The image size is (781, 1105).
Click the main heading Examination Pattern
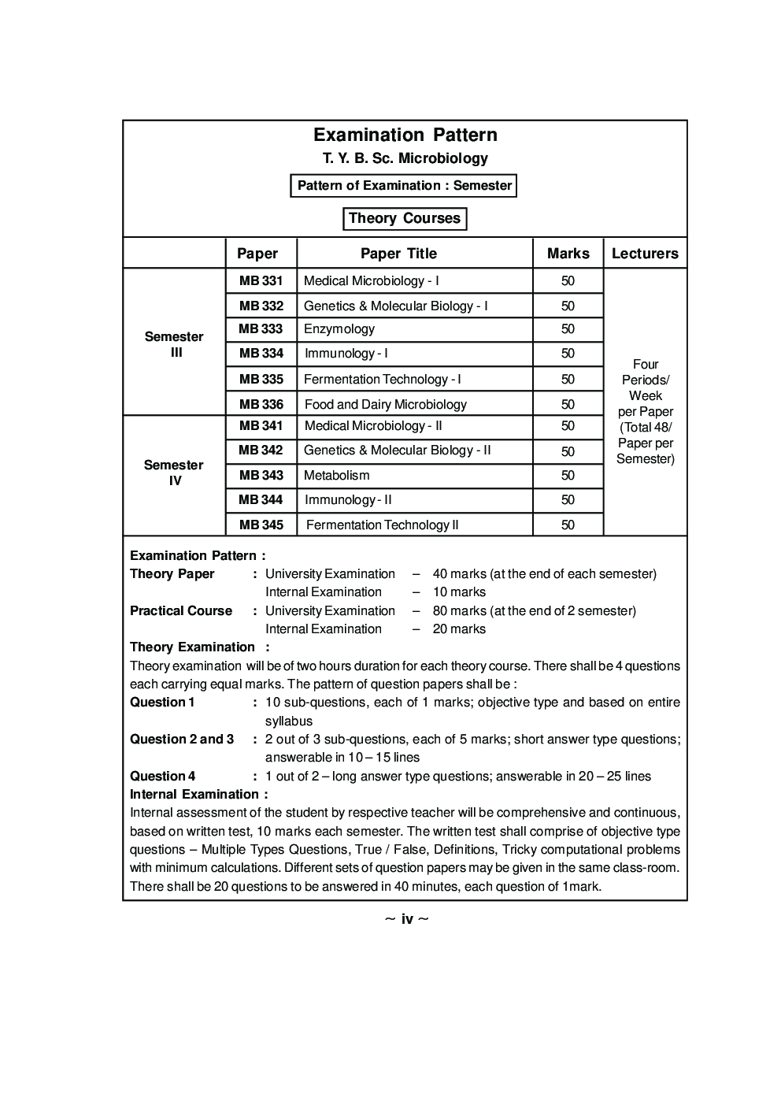tap(405, 135)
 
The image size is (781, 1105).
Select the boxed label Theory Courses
tap(405, 218)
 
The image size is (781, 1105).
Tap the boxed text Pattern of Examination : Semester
tap(404, 186)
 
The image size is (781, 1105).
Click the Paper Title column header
tap(398, 254)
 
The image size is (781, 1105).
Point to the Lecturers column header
tap(645, 254)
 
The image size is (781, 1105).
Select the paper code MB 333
tap(261, 329)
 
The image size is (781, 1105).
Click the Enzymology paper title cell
tap(339, 329)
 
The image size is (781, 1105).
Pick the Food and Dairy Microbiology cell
tap(385, 405)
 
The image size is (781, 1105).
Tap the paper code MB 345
tap(261, 525)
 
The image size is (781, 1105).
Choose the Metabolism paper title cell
tap(336, 476)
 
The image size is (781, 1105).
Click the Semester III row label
tap(174, 344)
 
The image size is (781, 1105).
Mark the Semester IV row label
tap(174, 473)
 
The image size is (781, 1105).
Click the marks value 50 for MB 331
tap(568, 281)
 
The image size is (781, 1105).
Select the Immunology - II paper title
tap(348, 500)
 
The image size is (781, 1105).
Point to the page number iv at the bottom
tap(406, 919)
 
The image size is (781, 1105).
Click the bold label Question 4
tap(163, 776)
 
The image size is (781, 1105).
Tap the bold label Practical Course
tap(181, 610)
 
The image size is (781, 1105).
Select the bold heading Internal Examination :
tap(198, 794)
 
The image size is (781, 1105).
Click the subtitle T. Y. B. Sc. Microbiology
tap(405, 158)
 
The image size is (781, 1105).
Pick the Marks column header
tap(568, 254)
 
